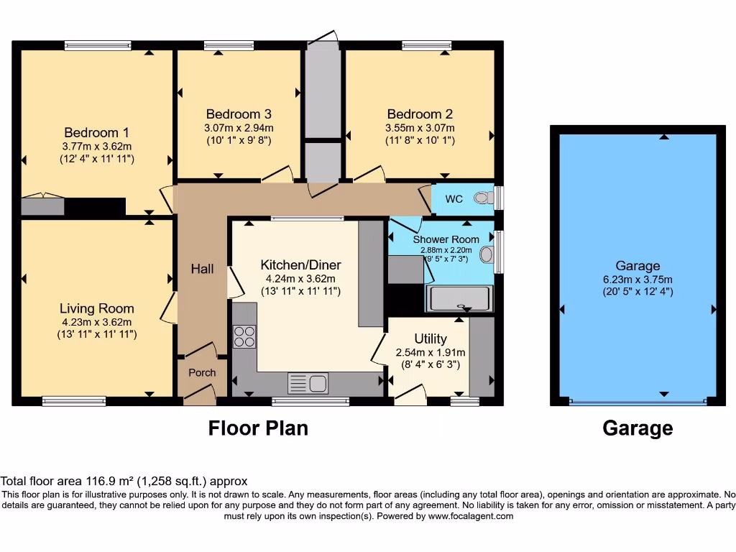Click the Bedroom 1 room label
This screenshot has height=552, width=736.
click(96, 132)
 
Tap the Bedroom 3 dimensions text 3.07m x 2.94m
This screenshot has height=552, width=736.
click(238, 128)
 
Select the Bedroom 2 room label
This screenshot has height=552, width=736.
click(420, 114)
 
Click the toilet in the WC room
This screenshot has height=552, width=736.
click(483, 198)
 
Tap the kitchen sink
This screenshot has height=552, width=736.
click(308, 383)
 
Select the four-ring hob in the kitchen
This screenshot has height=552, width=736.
click(244, 336)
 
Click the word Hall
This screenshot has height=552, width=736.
click(202, 269)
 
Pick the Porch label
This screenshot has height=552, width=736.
click(202, 372)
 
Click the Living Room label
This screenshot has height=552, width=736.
click(96, 308)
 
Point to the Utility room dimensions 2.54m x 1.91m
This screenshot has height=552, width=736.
click(431, 352)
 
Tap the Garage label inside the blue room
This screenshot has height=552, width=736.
click(638, 266)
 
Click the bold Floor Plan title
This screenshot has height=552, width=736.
click(258, 428)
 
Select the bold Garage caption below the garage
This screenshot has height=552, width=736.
click(638, 428)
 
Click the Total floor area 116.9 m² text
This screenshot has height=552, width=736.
click(124, 482)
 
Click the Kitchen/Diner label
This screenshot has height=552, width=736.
click(300, 265)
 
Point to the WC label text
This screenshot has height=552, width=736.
click(454, 199)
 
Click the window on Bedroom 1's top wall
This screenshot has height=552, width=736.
click(98, 45)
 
